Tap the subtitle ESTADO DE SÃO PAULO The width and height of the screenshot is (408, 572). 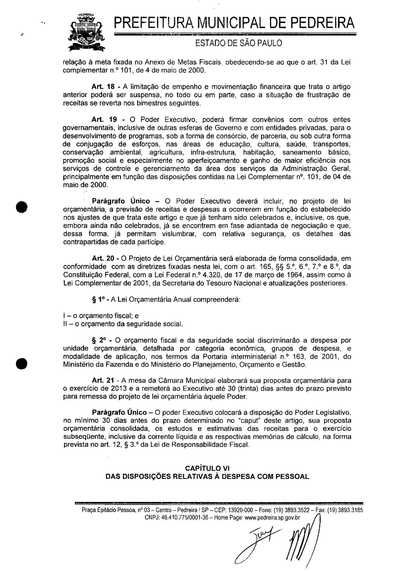(239, 43)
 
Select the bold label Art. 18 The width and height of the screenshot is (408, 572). (103, 87)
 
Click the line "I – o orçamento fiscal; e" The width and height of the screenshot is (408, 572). (101, 316)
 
